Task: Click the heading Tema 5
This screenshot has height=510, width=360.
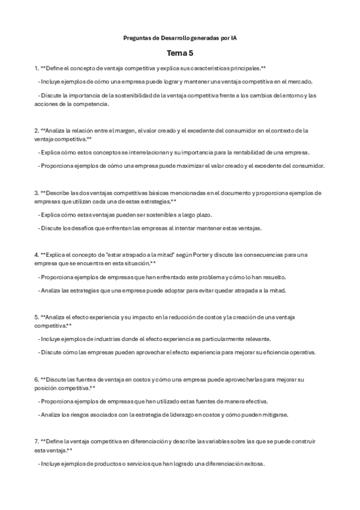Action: [x=180, y=53]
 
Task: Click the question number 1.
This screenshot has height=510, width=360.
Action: [x=36, y=68]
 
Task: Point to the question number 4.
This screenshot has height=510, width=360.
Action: [x=36, y=254]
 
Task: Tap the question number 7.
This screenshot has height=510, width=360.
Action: [x=36, y=441]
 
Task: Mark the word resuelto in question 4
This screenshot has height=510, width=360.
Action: [x=273, y=277]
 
